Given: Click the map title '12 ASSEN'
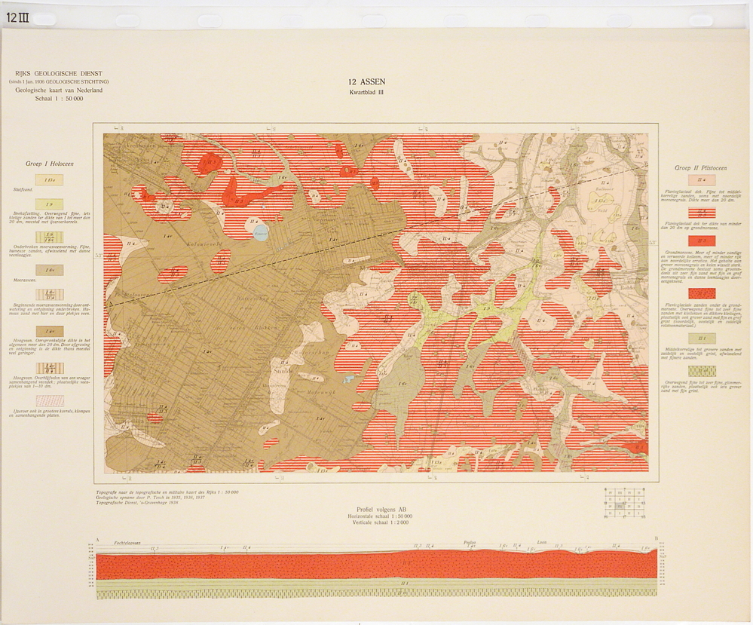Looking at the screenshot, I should click(x=366, y=82).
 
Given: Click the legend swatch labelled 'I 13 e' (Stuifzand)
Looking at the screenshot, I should click(x=50, y=179).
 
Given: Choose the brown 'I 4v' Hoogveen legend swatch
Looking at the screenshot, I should click(x=50, y=331).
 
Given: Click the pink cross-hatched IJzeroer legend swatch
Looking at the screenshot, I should click(x=50, y=400).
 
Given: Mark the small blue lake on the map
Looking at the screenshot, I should click(x=261, y=233).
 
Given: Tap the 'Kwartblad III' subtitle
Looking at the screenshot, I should click(x=366, y=92).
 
